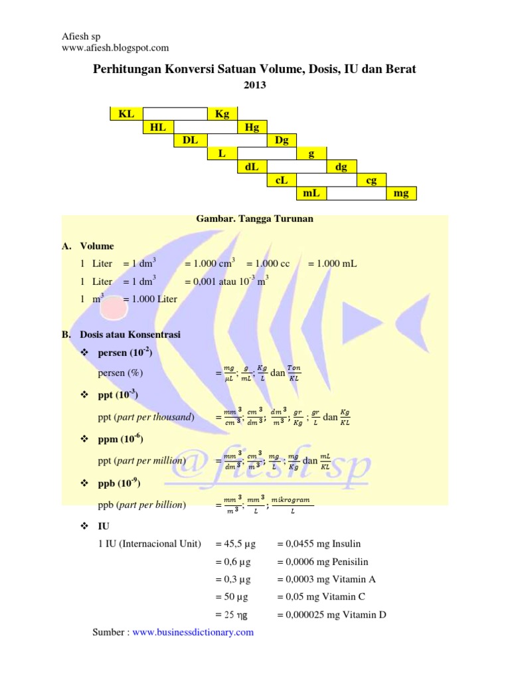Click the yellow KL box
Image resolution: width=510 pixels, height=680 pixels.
pos(126,114)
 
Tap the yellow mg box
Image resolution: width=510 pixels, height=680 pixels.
pos(401,193)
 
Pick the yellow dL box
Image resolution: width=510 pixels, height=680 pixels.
pos(252,167)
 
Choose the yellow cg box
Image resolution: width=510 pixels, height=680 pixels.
pos(372,180)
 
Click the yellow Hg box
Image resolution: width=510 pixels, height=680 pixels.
pos(252,127)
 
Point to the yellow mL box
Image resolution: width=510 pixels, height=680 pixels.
pos(311,193)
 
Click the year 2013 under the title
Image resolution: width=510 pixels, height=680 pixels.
pos(254,84)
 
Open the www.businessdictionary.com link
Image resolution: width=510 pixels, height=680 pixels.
pos(193,632)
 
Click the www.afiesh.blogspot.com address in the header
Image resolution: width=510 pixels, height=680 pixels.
pos(115,47)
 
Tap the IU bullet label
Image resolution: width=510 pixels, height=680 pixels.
pos(104,526)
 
